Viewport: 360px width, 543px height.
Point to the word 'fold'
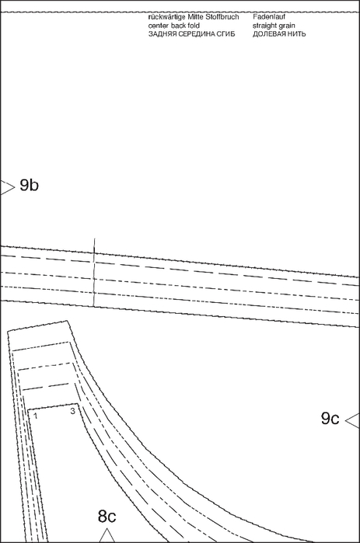pyautogui.click(x=194, y=26)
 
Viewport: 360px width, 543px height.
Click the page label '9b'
pyautogui.click(x=29, y=185)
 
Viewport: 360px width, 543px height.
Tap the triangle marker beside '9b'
pyautogui.click(x=7, y=187)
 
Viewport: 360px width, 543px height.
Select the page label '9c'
pyautogui.click(x=330, y=419)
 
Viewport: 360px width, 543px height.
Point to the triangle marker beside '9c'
pyautogui.click(x=353, y=420)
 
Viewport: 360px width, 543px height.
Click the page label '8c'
pyautogui.click(x=107, y=517)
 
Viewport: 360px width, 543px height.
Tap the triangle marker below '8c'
pyautogui.click(x=107, y=535)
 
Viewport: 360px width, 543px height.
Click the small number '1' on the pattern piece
pyautogui.click(x=36, y=416)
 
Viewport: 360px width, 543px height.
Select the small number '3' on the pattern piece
pyautogui.click(x=72, y=412)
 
